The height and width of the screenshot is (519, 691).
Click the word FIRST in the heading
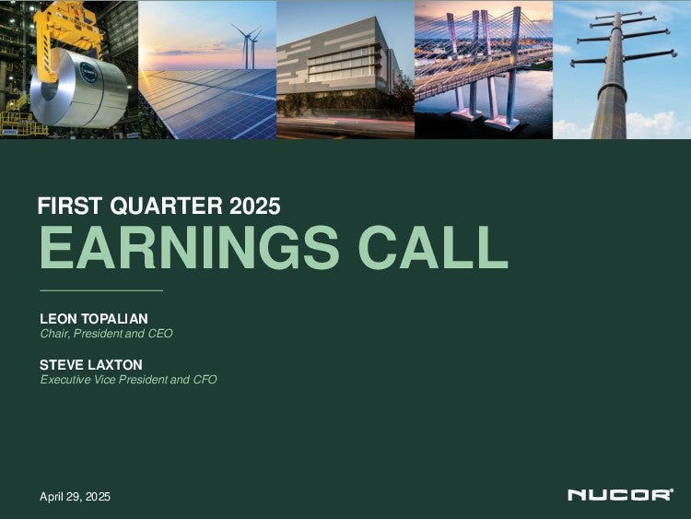point(71,206)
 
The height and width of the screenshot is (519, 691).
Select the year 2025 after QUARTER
point(254,206)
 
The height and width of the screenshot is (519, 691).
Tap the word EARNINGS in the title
point(189,247)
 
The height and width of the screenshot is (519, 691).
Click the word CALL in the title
point(433,247)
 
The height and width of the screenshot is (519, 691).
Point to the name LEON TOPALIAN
point(94,318)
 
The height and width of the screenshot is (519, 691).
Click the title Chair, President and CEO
point(106,334)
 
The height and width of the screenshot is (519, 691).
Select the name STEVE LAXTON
point(91,365)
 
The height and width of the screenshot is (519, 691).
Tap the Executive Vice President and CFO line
point(128,379)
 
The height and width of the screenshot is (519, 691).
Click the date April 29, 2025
point(75,497)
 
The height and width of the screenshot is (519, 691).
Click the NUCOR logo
point(620,495)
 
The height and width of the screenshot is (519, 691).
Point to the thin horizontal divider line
point(101,290)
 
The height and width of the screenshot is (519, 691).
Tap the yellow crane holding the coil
point(66,30)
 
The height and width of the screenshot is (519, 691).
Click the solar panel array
point(212,103)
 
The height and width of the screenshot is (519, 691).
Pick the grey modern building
point(339,66)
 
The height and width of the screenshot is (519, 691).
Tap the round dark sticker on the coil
point(88,73)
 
